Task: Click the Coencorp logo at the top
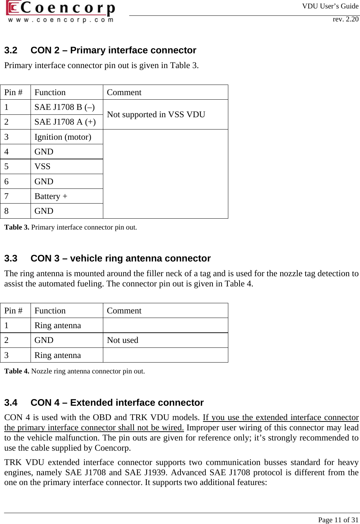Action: click(60, 12)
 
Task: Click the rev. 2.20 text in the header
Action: click(346, 19)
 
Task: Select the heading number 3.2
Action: click(11, 51)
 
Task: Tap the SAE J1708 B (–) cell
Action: click(65, 107)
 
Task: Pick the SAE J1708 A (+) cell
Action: click(65, 122)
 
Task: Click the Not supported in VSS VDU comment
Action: click(156, 114)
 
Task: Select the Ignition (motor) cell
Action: click(63, 137)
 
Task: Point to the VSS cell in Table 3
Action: click(42, 166)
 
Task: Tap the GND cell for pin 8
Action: click(44, 211)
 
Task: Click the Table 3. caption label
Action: click(17, 227)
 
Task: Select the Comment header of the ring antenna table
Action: click(124, 311)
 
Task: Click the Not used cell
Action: click(123, 340)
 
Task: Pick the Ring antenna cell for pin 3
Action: click(58, 355)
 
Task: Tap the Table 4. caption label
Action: click(17, 371)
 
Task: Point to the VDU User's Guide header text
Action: click(330, 6)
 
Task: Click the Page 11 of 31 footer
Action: click(338, 520)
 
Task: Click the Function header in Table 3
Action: click(50, 92)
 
